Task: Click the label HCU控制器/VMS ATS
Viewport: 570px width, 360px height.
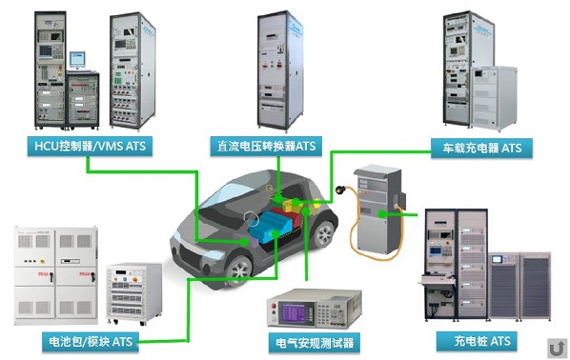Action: point(89,146)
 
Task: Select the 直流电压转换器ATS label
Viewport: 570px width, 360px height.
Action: point(265,146)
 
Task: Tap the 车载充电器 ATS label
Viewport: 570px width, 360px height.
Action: point(481,148)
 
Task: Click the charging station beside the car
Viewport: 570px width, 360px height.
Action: point(378,205)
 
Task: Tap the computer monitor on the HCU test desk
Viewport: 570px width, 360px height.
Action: point(76,57)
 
